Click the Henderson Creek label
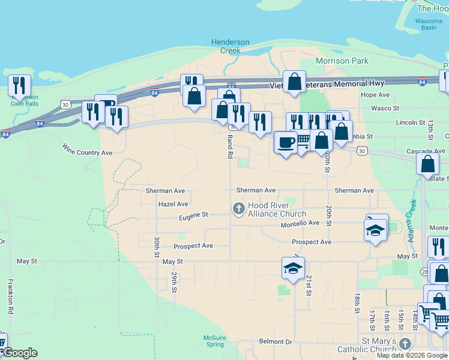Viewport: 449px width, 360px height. [x=230, y=46]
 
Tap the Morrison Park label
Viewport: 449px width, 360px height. [x=342, y=61]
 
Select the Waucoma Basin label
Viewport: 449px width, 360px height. [x=429, y=25]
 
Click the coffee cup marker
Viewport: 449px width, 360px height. [x=286, y=143]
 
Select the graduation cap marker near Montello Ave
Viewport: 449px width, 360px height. [x=375, y=230]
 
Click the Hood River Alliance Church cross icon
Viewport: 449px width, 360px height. [x=238, y=209]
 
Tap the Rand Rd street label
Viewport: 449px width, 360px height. [x=229, y=146]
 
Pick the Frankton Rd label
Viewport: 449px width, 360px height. [x=10, y=296]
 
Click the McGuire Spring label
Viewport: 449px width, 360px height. [x=214, y=341]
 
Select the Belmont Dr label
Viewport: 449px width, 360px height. [x=276, y=341]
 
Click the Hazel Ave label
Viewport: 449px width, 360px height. [x=173, y=204]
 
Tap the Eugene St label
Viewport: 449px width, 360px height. [x=193, y=214]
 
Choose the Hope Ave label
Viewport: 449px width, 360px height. [x=375, y=95]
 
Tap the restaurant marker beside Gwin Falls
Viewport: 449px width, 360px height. [x=19, y=86]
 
